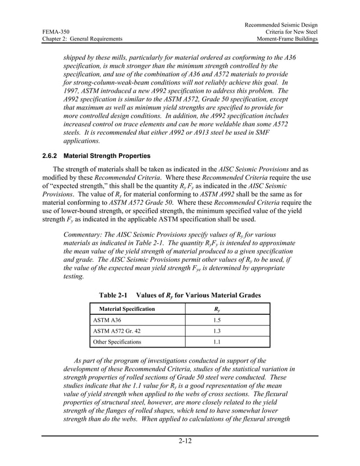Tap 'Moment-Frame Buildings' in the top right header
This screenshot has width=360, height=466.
click(x=287, y=39)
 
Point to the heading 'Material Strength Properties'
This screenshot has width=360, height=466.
click(x=107, y=155)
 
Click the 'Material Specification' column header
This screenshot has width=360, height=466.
click(x=127, y=309)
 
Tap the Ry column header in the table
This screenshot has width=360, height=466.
click(x=217, y=309)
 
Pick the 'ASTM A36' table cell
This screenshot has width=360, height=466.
click(x=107, y=320)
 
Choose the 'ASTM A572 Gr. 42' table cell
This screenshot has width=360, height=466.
click(x=116, y=331)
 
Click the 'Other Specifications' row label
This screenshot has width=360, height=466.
click(x=117, y=342)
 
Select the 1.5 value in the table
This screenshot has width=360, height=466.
click(x=217, y=320)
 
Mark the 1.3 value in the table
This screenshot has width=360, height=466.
click(x=217, y=331)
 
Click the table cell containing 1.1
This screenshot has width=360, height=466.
click(x=217, y=342)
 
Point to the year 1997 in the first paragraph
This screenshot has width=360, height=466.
click(x=72, y=91)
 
